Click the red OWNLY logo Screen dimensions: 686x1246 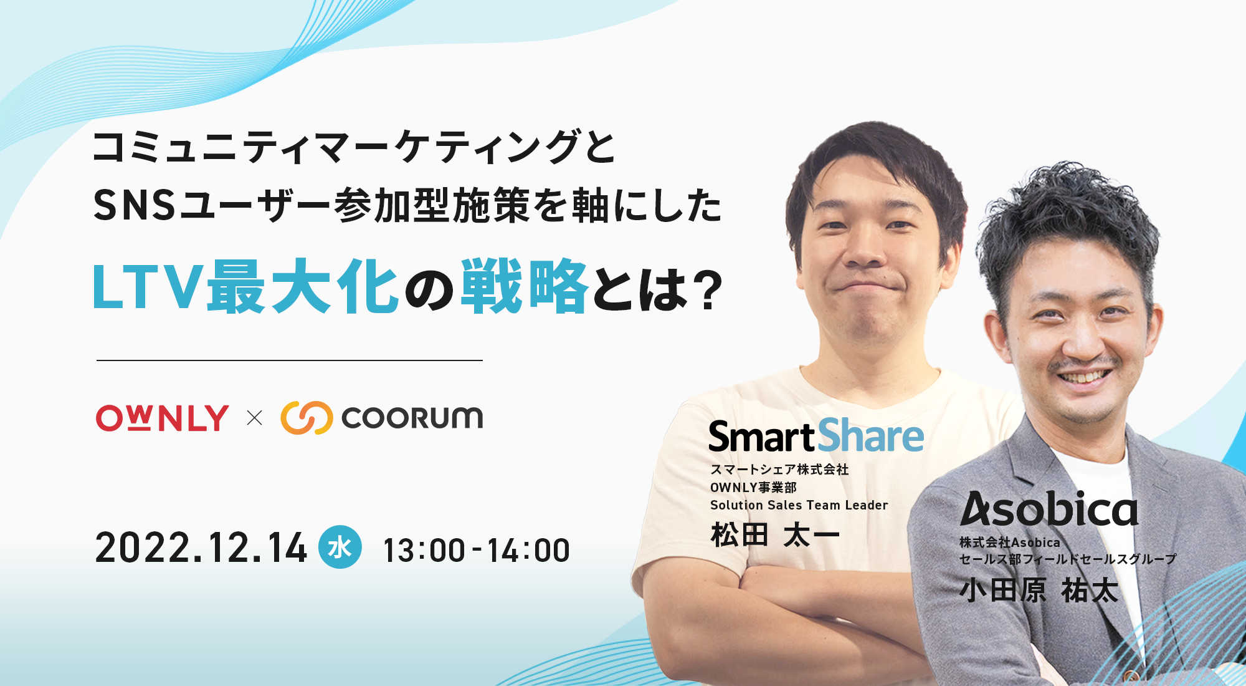[x=162, y=418]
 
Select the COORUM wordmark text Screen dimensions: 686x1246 [x=412, y=418]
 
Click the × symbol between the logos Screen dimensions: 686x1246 [x=254, y=418]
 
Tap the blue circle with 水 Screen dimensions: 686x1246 [x=340, y=548]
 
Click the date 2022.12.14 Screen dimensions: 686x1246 [x=201, y=549]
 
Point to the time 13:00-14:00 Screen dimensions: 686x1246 [x=476, y=551]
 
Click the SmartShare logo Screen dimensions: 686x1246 [x=816, y=436]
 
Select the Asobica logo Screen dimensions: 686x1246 [x=1049, y=510]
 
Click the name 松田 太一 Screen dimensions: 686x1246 [x=775, y=535]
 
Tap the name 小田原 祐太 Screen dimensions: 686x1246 [x=1039, y=591]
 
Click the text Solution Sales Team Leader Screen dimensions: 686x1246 [x=799, y=505]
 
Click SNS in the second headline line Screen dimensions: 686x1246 [x=135, y=206]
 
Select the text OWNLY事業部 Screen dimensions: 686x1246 [x=753, y=487]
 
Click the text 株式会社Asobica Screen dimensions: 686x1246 [x=1009, y=543]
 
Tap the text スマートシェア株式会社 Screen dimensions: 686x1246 [x=779, y=469]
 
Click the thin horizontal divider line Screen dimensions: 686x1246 [x=290, y=360]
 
